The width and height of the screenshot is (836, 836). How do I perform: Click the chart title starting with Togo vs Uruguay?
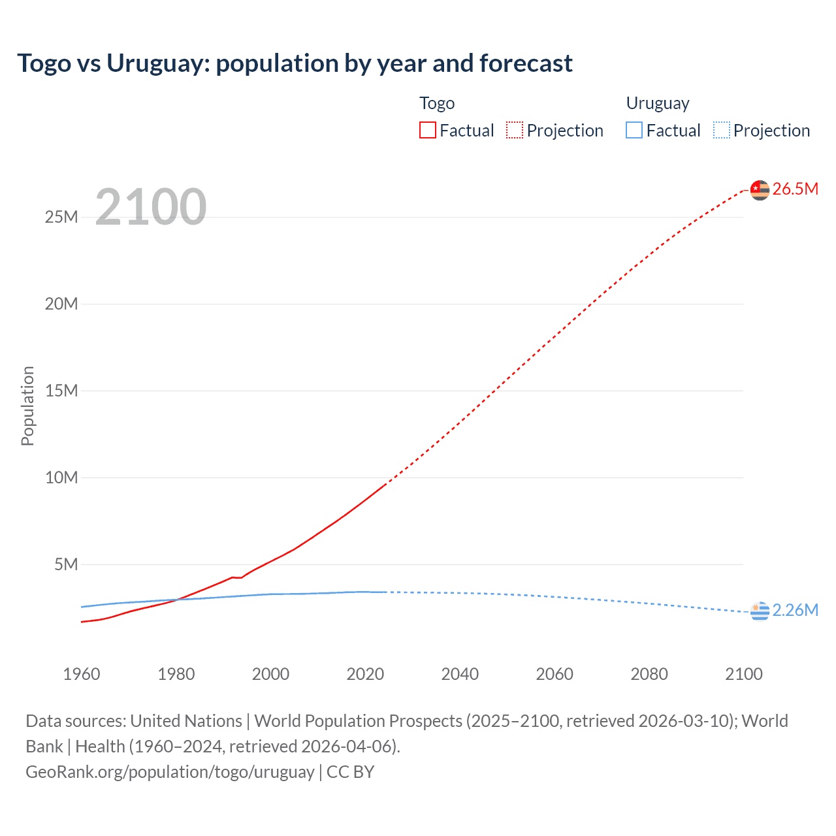(295, 63)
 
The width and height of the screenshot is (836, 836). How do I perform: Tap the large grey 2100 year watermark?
(151, 207)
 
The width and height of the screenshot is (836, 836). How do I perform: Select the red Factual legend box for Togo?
(428, 131)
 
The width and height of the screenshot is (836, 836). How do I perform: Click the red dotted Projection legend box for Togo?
(515, 131)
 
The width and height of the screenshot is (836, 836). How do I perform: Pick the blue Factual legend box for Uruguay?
(634, 131)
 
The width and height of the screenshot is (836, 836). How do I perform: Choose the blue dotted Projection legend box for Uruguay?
(722, 131)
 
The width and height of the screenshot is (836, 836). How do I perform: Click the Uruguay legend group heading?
(658, 103)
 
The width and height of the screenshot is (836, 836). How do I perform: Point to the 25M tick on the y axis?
(61, 217)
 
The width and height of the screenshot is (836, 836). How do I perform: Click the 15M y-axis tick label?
(61, 391)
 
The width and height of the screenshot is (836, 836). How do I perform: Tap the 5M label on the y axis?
(66, 564)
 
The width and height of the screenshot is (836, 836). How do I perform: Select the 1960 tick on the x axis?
(82, 674)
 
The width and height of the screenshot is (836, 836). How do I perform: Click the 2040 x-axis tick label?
(460, 674)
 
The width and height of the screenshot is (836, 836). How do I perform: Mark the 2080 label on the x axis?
(649, 674)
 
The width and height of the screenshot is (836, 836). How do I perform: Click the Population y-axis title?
(27, 406)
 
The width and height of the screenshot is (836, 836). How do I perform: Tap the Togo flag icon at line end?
(760, 190)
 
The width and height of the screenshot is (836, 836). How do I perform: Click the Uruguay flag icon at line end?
(760, 611)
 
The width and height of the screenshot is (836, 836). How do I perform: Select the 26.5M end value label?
(796, 189)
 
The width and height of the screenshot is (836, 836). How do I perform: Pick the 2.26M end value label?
(796, 610)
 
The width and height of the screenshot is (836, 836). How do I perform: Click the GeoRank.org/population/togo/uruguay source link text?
(170, 772)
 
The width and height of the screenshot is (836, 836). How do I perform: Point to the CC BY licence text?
(351, 772)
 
